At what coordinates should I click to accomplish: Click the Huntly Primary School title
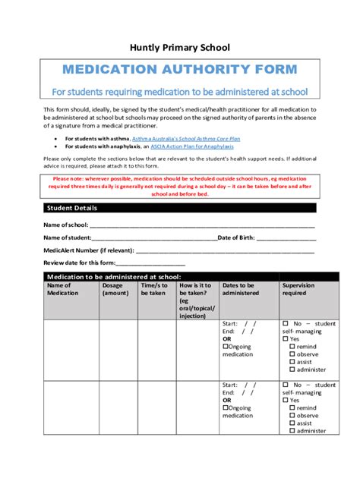pyautogui.click(x=179, y=47)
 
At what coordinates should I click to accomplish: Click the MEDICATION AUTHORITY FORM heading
pyautogui.click(x=179, y=70)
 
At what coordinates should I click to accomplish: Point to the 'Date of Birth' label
pyautogui.click(x=237, y=237)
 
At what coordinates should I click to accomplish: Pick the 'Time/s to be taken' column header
pyautogui.click(x=154, y=289)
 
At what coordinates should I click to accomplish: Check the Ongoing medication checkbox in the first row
pyautogui.click(x=226, y=347)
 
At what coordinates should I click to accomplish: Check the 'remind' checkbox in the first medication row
pyautogui.click(x=292, y=346)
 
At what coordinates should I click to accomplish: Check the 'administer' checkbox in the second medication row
pyautogui.click(x=292, y=431)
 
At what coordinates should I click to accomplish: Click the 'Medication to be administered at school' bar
pyautogui.click(x=114, y=277)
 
